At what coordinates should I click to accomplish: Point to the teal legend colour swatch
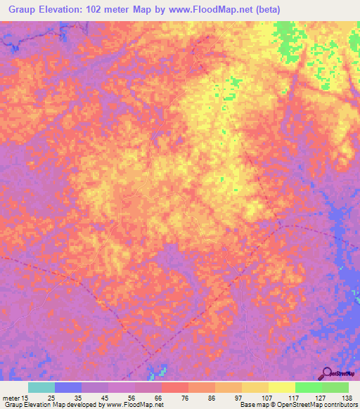41,387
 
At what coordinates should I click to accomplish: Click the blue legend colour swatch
68,387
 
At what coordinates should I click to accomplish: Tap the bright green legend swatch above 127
308,387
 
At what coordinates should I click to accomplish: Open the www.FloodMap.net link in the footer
133,405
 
